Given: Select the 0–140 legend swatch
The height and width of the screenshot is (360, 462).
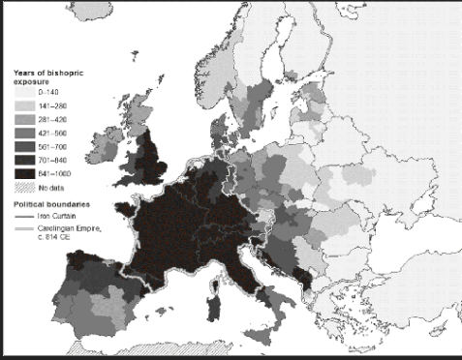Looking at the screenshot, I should pyautogui.click(x=23, y=93).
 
